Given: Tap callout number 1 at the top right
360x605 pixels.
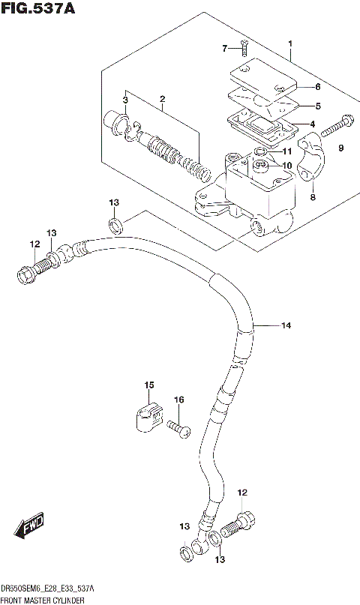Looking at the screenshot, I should tap(290, 45).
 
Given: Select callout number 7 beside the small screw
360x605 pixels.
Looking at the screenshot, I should tap(223, 49).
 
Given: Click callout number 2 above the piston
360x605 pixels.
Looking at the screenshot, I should tap(161, 99).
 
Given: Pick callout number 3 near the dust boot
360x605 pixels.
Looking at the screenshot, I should tap(126, 100).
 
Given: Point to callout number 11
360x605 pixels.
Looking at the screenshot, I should tap(286, 152).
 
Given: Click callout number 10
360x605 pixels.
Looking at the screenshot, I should tap(286, 165).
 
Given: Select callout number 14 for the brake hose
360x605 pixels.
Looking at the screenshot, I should tap(286, 325).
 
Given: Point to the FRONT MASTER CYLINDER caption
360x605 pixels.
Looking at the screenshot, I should tap(42, 601).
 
